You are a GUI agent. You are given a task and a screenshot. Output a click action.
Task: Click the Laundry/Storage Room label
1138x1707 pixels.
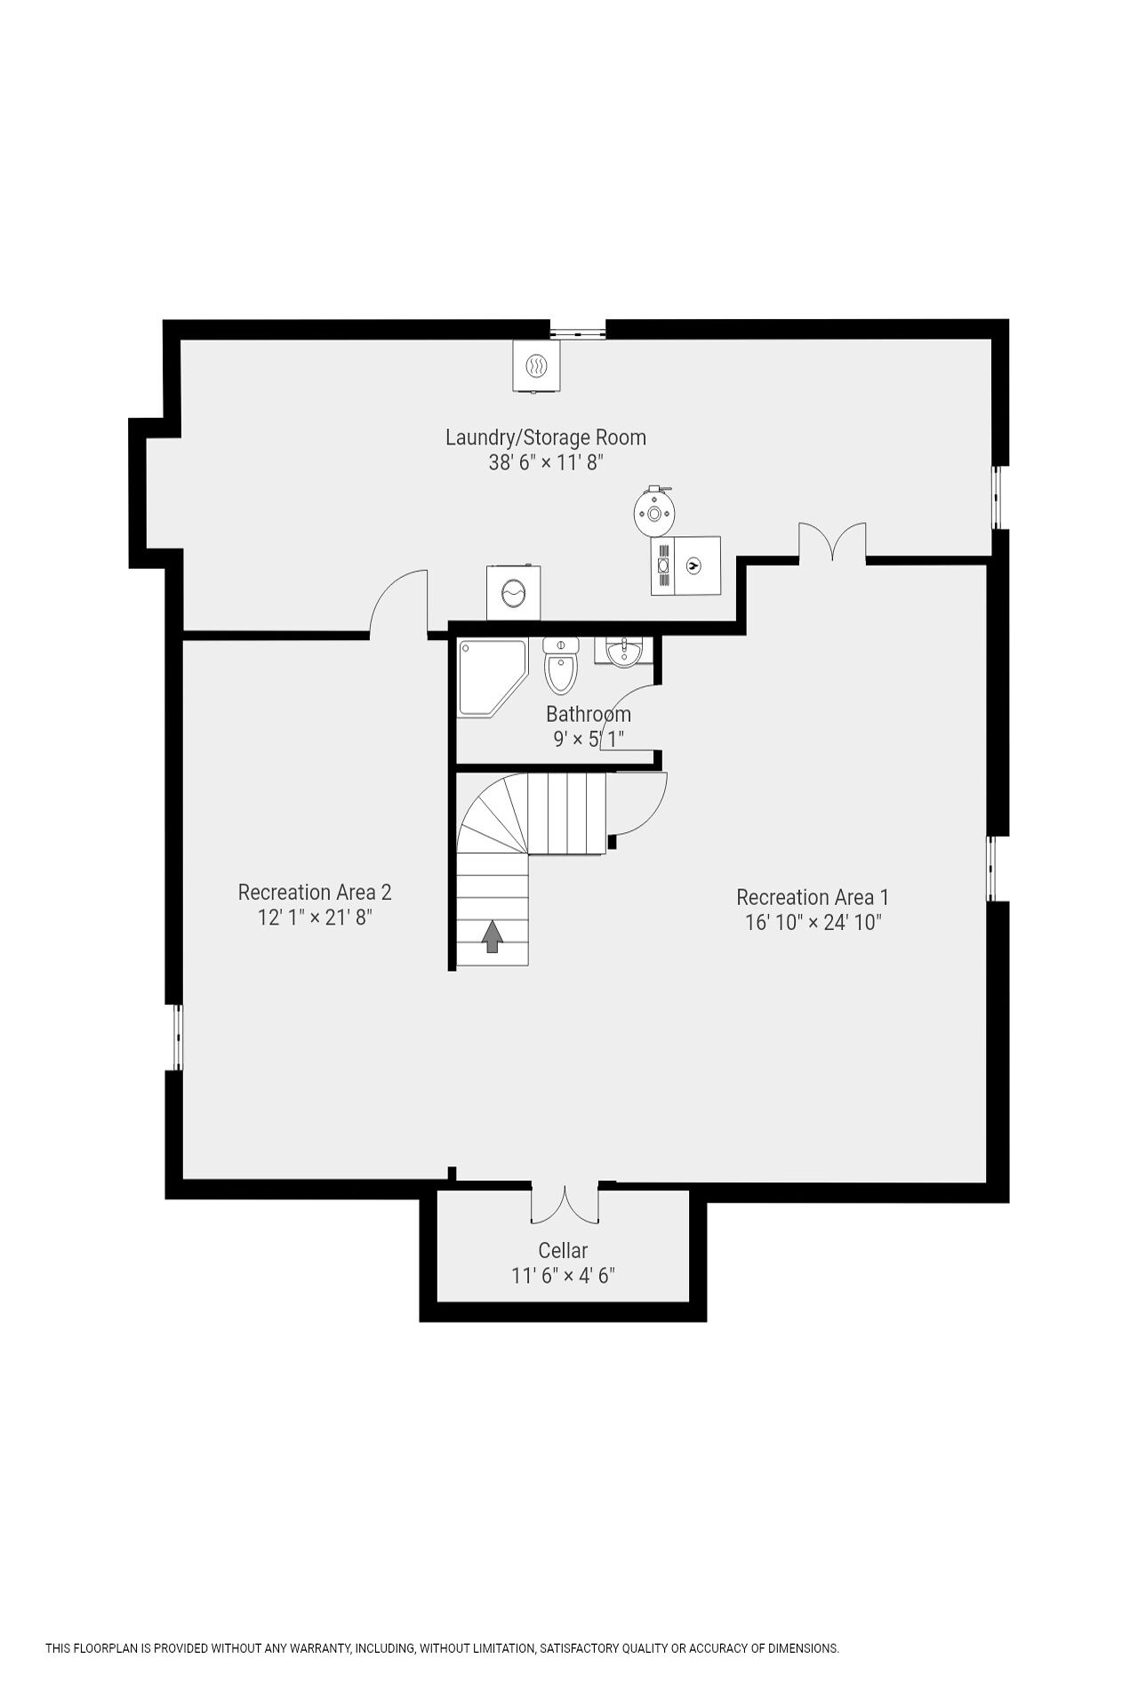point(545,437)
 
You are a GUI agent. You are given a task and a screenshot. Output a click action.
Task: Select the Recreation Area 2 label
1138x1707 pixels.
point(315,892)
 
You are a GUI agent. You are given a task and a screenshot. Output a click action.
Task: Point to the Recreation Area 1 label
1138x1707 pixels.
point(813,897)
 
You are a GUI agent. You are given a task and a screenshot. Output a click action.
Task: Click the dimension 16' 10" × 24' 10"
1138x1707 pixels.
point(813,922)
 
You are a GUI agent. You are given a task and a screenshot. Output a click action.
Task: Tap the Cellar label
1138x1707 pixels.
point(563,1250)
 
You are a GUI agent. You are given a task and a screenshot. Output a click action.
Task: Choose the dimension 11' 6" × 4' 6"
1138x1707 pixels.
point(563,1276)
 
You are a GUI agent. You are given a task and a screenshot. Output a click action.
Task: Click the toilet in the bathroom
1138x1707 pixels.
point(561,665)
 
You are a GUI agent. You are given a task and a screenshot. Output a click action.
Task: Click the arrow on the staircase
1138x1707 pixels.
point(492,936)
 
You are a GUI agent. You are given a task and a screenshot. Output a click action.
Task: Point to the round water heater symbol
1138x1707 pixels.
point(654,511)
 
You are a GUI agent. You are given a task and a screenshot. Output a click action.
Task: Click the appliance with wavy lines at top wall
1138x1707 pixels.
point(536,366)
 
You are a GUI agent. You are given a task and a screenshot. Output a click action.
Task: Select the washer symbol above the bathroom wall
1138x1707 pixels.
point(513,593)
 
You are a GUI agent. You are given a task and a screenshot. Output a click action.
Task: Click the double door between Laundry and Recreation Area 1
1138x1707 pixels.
point(832,542)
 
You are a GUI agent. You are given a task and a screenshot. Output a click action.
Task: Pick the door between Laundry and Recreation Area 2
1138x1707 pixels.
point(399,603)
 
